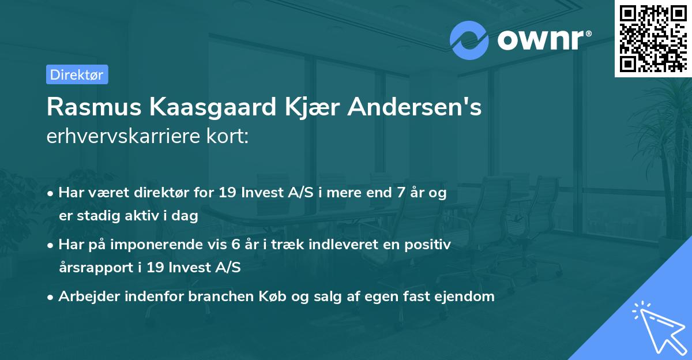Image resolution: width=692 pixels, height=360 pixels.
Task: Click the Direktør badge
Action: [77, 74]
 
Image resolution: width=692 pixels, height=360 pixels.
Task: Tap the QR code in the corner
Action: [653, 38]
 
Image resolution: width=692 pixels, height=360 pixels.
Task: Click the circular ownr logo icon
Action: [469, 40]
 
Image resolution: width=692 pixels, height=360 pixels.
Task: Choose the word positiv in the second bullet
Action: [430, 245]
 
